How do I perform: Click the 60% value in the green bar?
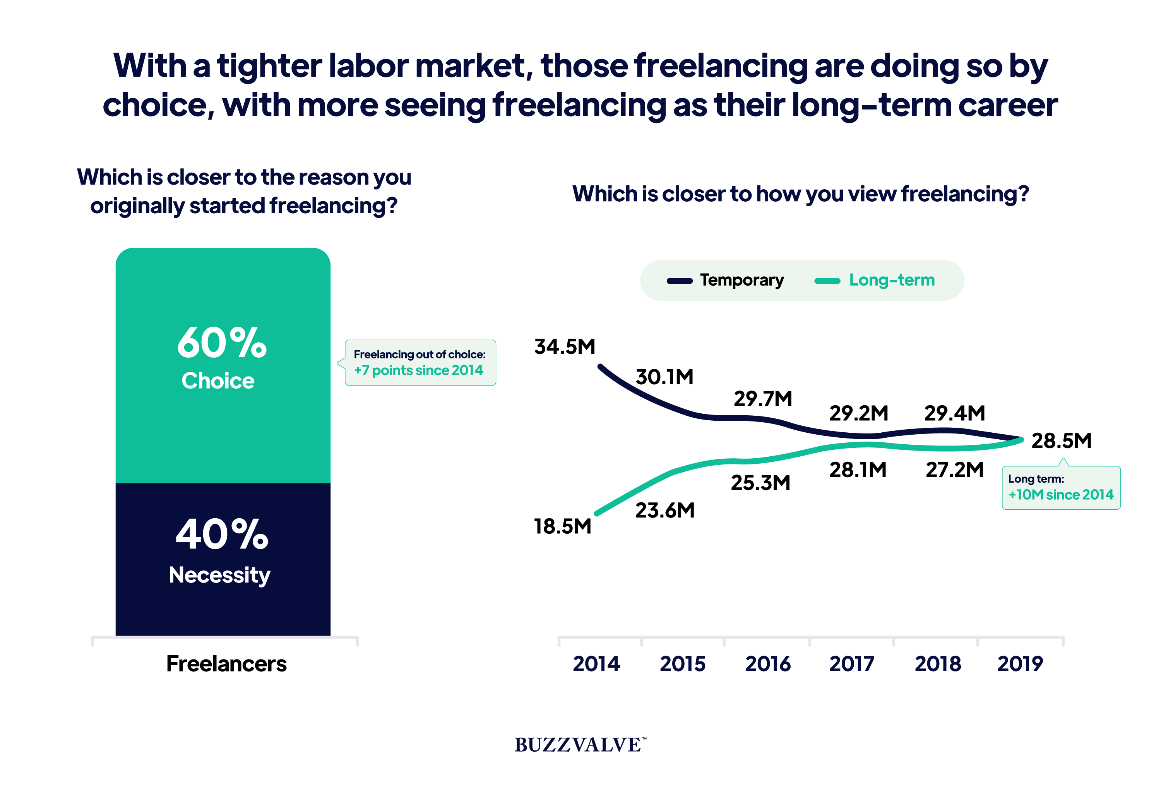click(222, 343)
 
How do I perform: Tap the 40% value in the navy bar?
click(222, 534)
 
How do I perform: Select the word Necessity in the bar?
click(219, 576)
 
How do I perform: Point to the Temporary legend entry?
click(725, 280)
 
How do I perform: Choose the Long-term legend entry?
click(875, 280)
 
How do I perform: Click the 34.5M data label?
click(565, 346)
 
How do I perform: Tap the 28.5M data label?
click(1062, 440)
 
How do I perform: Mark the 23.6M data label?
click(665, 510)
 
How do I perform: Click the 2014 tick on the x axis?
click(596, 664)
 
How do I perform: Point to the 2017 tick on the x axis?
click(852, 664)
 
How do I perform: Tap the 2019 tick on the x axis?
click(1020, 664)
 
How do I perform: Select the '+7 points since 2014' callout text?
click(419, 370)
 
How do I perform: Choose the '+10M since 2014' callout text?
click(1061, 495)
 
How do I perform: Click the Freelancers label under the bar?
click(226, 664)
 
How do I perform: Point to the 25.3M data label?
click(760, 483)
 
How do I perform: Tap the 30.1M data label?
click(664, 377)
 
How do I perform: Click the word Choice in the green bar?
click(218, 381)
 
